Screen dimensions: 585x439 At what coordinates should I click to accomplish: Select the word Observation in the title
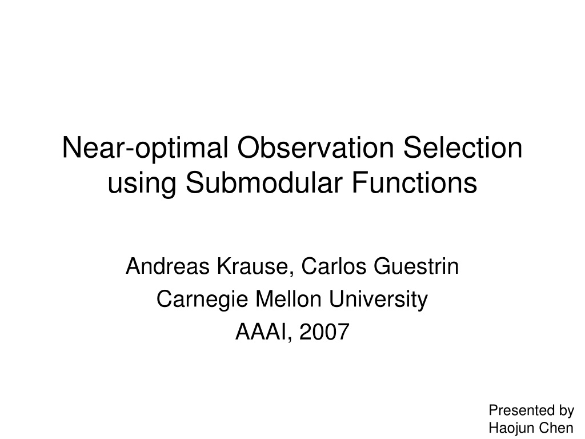click(315, 147)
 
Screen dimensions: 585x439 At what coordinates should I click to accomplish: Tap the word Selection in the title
click(463, 147)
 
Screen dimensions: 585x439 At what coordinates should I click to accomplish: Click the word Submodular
click(264, 182)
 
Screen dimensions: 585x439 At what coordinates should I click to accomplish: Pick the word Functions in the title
click(415, 182)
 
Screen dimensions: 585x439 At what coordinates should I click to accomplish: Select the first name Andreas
click(168, 266)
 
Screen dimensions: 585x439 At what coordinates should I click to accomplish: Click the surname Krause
click(252, 266)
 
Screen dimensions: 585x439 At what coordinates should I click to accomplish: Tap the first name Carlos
click(334, 266)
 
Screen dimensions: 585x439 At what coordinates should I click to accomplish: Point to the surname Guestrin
click(416, 266)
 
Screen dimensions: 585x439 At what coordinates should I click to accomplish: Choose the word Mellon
click(289, 299)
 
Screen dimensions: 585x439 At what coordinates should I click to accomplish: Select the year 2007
click(324, 332)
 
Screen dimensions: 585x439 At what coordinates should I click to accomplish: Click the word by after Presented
click(566, 411)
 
